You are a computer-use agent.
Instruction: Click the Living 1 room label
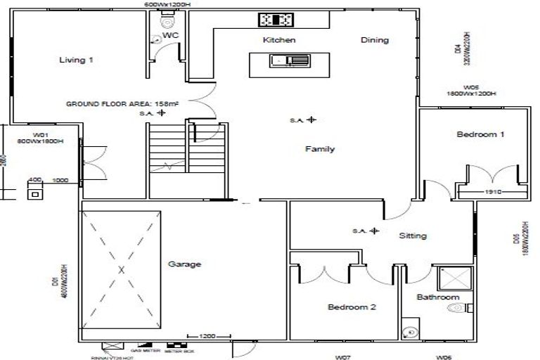click(x=76, y=60)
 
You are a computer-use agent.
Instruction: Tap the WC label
click(x=169, y=34)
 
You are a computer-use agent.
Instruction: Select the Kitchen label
click(x=279, y=40)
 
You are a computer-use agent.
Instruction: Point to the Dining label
click(x=375, y=40)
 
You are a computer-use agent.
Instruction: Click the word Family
click(x=320, y=149)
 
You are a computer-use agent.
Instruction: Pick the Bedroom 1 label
click(x=480, y=134)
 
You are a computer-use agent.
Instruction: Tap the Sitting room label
click(x=412, y=236)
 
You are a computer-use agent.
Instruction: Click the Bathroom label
click(x=438, y=297)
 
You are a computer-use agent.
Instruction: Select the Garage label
click(x=184, y=265)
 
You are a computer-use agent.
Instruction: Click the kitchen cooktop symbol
click(x=278, y=19)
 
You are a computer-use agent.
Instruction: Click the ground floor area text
click(x=122, y=103)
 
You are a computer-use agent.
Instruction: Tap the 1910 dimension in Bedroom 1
click(x=491, y=192)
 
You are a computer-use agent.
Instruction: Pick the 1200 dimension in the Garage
click(x=207, y=335)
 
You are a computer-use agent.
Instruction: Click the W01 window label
click(x=39, y=134)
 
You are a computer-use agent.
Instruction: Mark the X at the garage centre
click(x=121, y=269)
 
